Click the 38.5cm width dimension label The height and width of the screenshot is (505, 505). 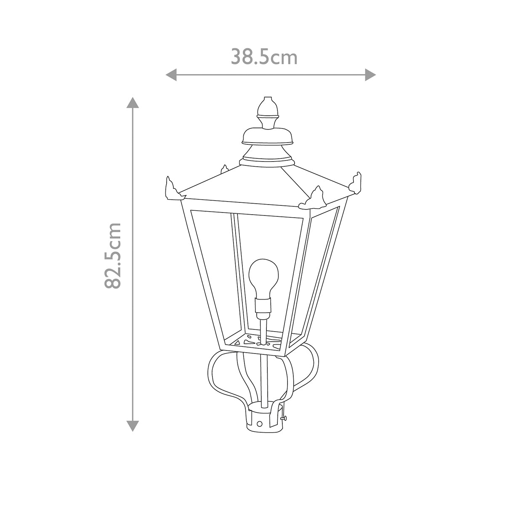point(264,57)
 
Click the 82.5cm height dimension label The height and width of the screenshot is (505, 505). point(113,255)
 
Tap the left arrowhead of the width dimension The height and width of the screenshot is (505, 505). point(171,75)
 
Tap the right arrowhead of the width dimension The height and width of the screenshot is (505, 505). point(371,75)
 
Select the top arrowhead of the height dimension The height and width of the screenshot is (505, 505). point(133,103)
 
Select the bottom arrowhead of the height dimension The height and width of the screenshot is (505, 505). point(133,426)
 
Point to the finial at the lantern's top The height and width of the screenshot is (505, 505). point(267,113)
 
